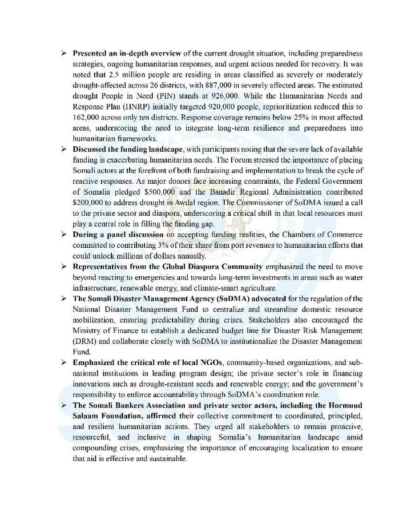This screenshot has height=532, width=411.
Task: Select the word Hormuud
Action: click(344, 405)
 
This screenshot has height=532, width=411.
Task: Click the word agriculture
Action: click(256, 288)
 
